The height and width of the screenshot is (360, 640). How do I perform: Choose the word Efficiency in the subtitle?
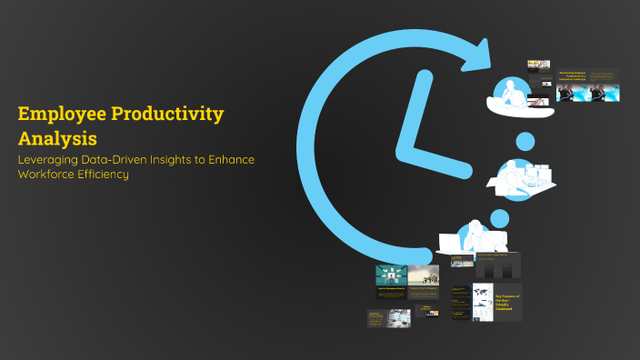104,175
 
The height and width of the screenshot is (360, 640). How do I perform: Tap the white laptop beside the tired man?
450,243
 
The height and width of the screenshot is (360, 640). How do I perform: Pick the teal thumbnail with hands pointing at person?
392,275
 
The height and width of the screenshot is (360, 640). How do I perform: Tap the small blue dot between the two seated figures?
525,141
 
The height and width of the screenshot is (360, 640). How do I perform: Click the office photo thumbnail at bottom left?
389,317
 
